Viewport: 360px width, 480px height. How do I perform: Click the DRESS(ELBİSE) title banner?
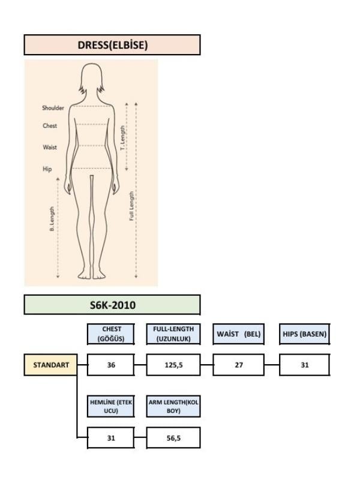[112, 45]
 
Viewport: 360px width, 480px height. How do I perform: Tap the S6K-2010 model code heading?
[112, 305]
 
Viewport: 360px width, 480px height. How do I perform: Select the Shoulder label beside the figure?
[53, 108]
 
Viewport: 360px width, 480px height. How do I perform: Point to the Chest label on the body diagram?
[50, 125]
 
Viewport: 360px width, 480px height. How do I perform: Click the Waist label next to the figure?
[50, 147]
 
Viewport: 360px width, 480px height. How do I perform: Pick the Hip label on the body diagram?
[47, 169]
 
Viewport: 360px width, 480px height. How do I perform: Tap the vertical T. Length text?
[123, 138]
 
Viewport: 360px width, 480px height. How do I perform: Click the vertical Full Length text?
[131, 206]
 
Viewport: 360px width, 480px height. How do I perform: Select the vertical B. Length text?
[52, 219]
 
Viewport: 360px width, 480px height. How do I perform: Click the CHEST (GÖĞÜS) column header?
[111, 334]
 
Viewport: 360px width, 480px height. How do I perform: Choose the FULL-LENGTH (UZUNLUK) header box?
[173, 334]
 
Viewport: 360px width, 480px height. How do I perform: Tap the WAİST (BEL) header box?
[238, 334]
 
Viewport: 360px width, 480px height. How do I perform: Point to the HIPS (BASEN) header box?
[305, 334]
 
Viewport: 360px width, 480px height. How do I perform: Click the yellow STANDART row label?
[51, 365]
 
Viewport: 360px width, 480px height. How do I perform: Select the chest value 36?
[111, 365]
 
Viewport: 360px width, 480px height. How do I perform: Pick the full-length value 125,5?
[173, 365]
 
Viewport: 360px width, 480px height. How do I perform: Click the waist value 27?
[239, 365]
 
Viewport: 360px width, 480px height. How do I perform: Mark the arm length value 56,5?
[173, 438]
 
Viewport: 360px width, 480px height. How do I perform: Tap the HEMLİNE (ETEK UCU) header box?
[111, 407]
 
